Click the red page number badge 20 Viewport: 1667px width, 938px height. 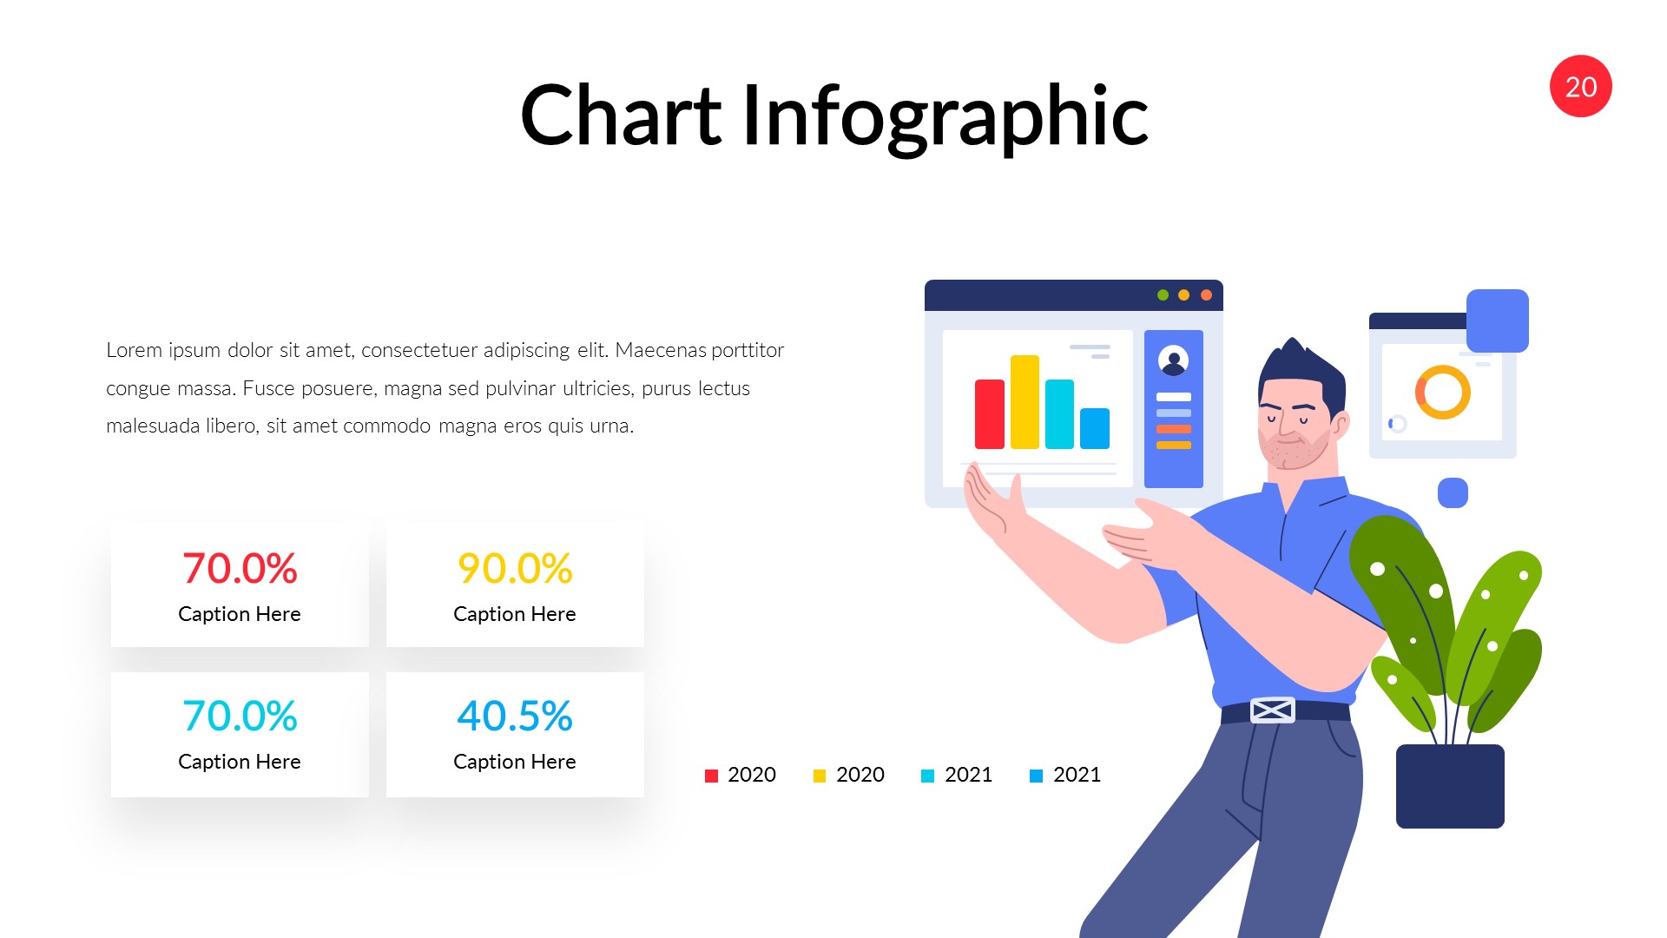pyautogui.click(x=1580, y=87)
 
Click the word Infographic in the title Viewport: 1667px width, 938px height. pyautogui.click(x=945, y=116)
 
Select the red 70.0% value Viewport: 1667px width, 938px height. pyautogui.click(x=240, y=569)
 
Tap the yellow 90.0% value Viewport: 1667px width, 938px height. pyautogui.click(x=515, y=569)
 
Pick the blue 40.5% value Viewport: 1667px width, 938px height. pyautogui.click(x=515, y=717)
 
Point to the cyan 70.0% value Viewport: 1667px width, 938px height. pyautogui.click(x=240, y=717)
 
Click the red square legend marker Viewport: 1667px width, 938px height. pyautogui.click(x=712, y=776)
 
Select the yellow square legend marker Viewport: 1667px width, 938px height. pyautogui.click(x=820, y=776)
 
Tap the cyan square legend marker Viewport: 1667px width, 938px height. pyautogui.click(x=927, y=776)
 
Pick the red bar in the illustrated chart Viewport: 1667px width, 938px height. pyautogui.click(x=990, y=414)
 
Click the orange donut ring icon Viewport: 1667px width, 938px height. pyautogui.click(x=1442, y=392)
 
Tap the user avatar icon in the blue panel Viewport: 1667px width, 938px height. pyautogui.click(x=1173, y=360)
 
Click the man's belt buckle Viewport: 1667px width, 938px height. pyautogui.click(x=1272, y=710)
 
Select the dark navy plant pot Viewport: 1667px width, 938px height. pyautogui.click(x=1450, y=786)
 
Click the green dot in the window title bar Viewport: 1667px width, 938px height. pyautogui.click(x=1163, y=295)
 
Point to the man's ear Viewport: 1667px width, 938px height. pyautogui.click(x=1341, y=426)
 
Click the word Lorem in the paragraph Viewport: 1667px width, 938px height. pyautogui.click(x=134, y=350)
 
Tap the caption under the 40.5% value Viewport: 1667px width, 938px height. pyautogui.click(x=515, y=762)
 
